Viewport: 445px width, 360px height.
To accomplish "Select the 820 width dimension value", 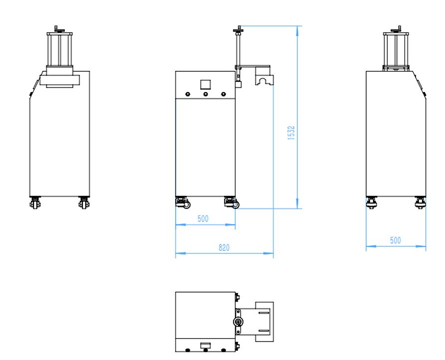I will [224, 248].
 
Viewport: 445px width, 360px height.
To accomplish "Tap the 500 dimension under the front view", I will [203, 218].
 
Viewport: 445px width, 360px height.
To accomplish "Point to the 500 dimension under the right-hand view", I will [395, 240].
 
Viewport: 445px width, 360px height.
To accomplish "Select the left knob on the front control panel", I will [188, 94].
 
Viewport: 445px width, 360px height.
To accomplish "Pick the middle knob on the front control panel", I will [205, 94].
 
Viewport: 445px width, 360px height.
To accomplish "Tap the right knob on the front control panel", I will [223, 94].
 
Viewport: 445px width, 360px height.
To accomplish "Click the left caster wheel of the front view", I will [181, 203].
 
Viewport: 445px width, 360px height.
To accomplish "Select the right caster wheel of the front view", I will [231, 203].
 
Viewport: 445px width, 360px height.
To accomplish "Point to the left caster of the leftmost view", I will [35, 203].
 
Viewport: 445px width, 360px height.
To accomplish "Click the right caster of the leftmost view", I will [83, 203].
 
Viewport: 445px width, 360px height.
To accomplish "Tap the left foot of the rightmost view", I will [372, 202].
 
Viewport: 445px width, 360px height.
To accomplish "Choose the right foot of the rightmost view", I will [420, 202].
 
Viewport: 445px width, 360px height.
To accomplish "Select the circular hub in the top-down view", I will [239, 322].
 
